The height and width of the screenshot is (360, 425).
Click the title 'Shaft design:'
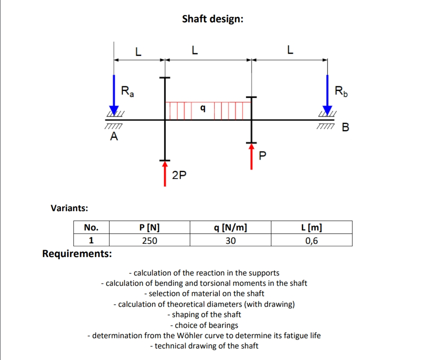[212, 19]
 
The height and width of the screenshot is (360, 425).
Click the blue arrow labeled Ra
[114, 93]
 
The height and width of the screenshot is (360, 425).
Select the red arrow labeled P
[252, 157]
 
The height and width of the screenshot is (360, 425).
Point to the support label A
[114, 137]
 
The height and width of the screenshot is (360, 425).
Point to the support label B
[346, 127]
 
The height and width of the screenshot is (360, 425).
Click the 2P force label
[179, 175]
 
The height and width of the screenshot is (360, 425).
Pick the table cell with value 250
[149, 241]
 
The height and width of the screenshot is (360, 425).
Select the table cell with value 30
[231, 241]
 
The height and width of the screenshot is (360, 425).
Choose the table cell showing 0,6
[311, 241]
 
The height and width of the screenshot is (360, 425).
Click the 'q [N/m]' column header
[231, 227]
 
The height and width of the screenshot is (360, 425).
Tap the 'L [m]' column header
[311, 227]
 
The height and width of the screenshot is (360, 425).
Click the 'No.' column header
[91, 227]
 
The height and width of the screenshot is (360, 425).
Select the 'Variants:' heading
[70, 208]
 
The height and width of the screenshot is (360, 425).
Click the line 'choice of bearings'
[204, 325]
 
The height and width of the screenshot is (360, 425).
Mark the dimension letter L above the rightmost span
[290, 51]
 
